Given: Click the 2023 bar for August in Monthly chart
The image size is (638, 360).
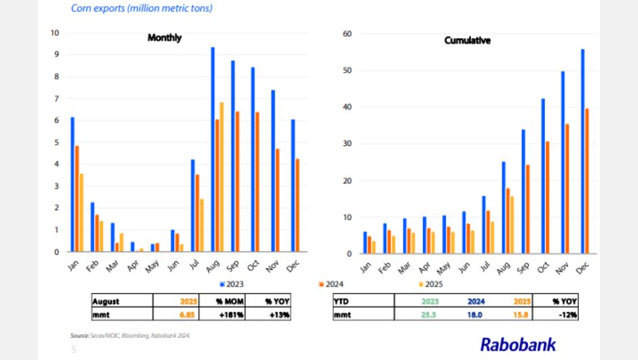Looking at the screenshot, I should tap(212, 149).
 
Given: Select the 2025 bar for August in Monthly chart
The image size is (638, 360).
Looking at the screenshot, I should tap(221, 177).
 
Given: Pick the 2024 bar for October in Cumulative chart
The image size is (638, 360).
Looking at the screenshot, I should tap(547, 198).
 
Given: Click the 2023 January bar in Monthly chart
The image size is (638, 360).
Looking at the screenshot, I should tap(73, 184).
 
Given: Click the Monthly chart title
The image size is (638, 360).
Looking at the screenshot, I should tap(164, 38).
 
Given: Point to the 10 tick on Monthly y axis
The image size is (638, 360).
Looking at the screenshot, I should tap(55, 33).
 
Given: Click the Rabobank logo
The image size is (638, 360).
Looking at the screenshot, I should tap(518, 344).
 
